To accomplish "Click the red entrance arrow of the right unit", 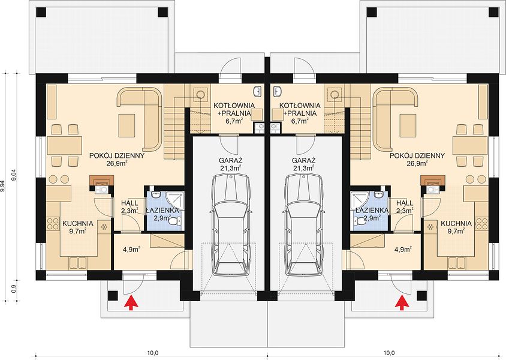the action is (402, 303).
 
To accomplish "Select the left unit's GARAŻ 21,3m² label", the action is (231, 164).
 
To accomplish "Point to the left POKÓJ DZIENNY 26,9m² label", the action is (117, 159).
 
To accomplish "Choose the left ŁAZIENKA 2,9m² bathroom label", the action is (162, 214).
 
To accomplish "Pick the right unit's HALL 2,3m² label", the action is (405, 206).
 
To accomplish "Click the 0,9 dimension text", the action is (14, 288).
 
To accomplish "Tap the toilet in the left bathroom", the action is (175, 221).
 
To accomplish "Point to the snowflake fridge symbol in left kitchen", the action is (104, 227).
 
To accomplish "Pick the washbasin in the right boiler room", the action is (277, 91).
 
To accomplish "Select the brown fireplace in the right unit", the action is (433, 180).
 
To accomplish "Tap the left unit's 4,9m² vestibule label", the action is (132, 249).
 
